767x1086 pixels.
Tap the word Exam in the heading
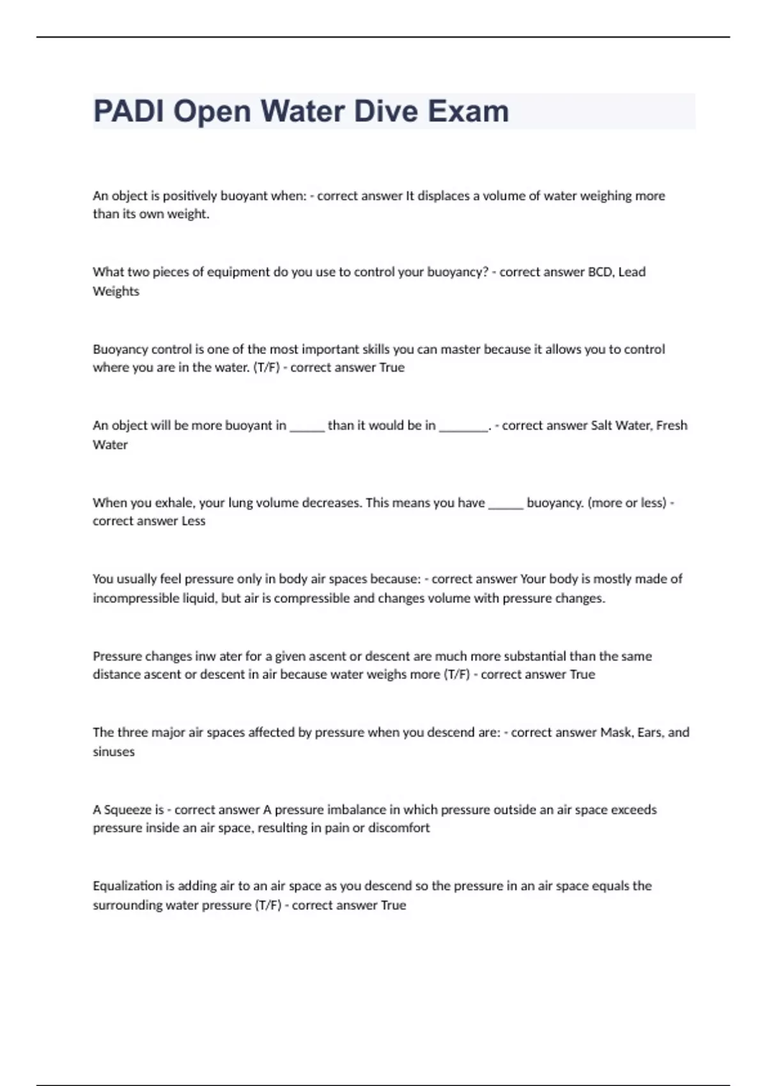(469, 111)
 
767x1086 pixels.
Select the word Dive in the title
(382, 111)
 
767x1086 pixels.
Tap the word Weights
(116, 291)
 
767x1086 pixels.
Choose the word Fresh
(672, 425)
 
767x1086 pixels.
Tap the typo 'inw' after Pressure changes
(206, 655)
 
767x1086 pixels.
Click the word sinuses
(114, 751)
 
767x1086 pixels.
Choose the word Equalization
(128, 885)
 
